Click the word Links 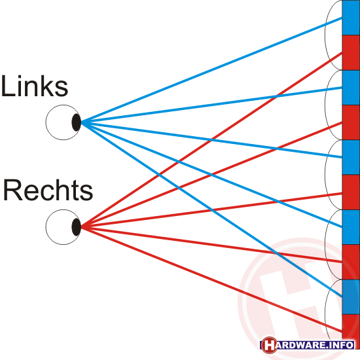pos(35,86)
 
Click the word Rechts pos(48,190)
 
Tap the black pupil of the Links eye pos(77,122)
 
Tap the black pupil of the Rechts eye pos(77,227)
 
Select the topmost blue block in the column pos(351,18)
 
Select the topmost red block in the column pos(351,53)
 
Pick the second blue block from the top pos(351,88)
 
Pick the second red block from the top pos(351,122)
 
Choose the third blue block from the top pos(351,158)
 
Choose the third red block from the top pos(351,192)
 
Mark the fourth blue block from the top pos(351,227)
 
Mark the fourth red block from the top pos(351,262)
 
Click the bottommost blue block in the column pos(351,297)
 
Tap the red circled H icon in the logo pos(269,345)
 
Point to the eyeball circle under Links pos(46,122)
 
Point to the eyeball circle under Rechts pos(46,227)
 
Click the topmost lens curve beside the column pos(325,35)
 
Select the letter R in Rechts pos(13,190)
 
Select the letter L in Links pos(8,86)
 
